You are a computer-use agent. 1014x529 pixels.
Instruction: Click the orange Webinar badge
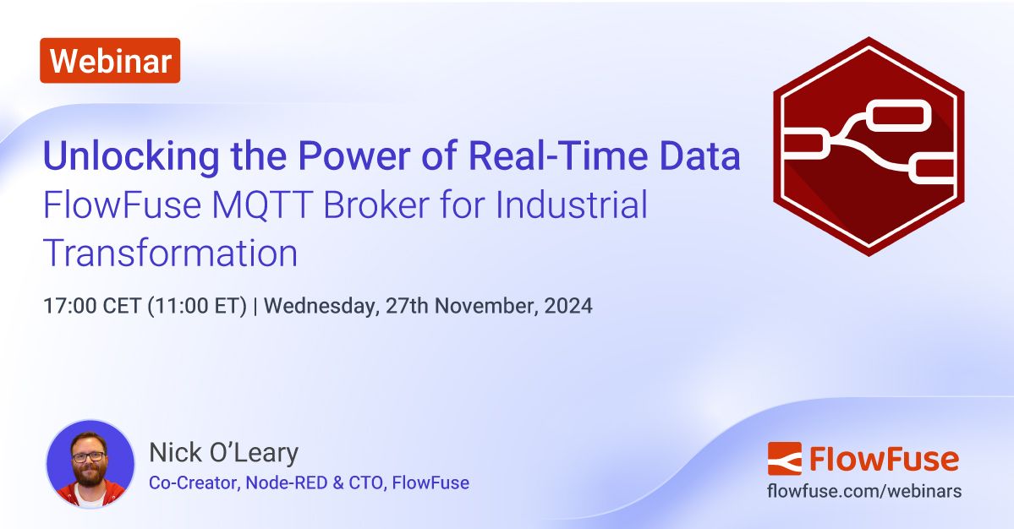click(x=110, y=60)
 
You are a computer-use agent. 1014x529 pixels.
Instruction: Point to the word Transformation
click(x=170, y=254)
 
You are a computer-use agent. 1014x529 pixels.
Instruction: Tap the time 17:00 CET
click(x=92, y=306)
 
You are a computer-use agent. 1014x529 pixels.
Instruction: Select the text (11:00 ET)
click(x=197, y=306)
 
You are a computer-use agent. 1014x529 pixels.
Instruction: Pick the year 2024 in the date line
click(x=568, y=306)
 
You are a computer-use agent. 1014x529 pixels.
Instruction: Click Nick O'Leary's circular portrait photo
click(x=90, y=464)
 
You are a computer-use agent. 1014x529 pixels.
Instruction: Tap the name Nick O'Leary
click(x=223, y=453)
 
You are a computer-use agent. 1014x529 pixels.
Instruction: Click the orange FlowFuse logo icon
click(x=784, y=458)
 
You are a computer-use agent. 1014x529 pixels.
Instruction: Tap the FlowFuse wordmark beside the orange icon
click(x=884, y=459)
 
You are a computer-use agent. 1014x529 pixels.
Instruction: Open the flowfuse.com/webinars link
click(x=863, y=491)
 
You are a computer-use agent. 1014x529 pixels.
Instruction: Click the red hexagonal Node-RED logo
click(x=869, y=146)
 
